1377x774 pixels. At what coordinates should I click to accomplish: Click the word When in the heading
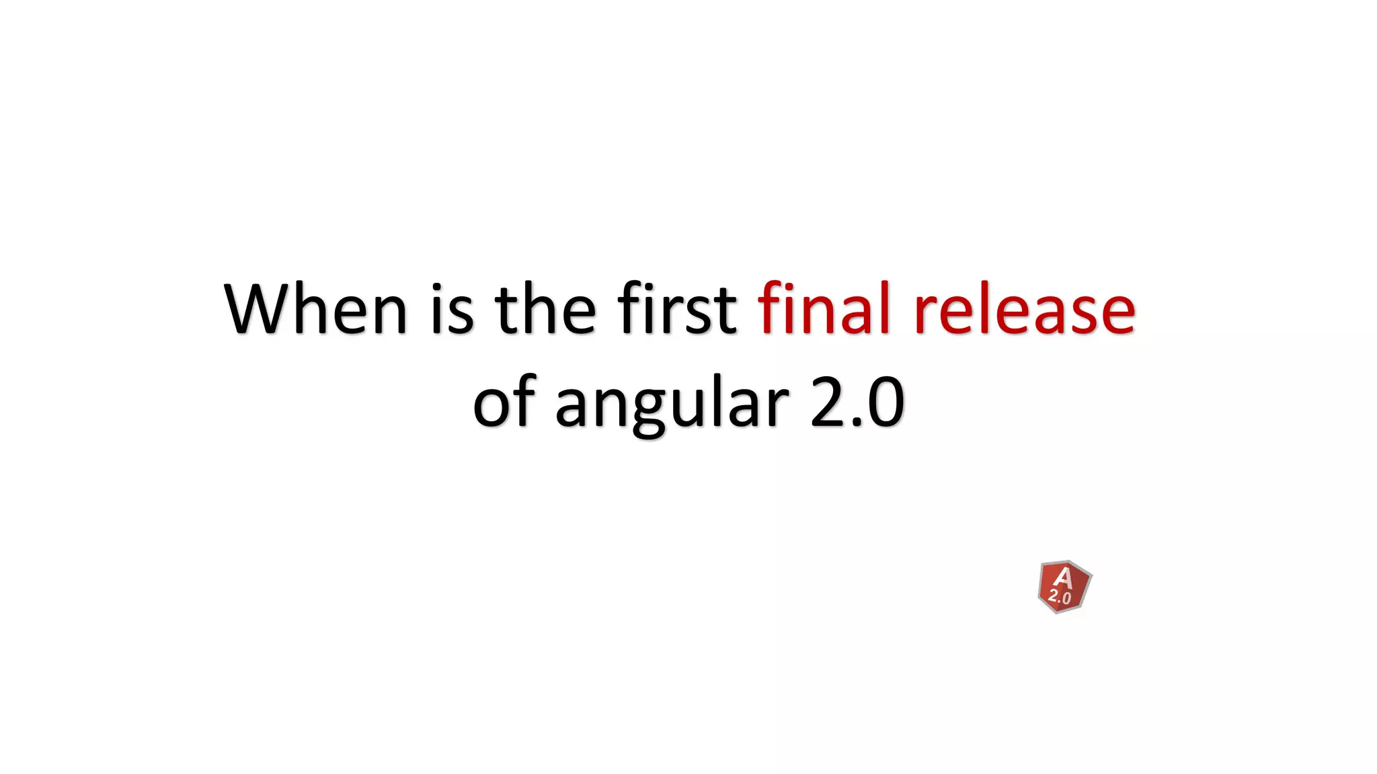click(315, 308)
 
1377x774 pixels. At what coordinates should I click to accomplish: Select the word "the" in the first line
click(545, 308)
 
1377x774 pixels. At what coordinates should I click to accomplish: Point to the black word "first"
click(677, 308)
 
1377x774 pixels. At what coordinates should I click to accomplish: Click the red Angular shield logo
click(1064, 587)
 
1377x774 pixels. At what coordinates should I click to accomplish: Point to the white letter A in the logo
click(1063, 577)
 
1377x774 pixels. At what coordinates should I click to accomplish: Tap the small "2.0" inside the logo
click(1060, 596)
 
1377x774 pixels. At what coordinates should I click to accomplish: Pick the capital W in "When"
click(260, 308)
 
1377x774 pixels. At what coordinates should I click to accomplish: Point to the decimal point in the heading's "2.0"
click(856, 422)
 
